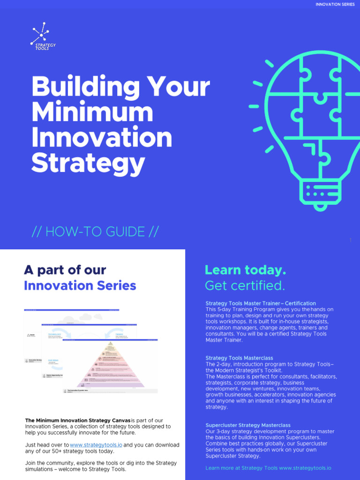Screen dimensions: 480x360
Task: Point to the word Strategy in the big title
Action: [x=88, y=163]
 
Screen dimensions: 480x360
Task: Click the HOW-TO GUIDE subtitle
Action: [x=95, y=232]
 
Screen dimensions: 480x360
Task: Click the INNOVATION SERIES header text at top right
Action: [x=335, y=5]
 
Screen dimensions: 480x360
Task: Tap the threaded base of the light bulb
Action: [x=320, y=192]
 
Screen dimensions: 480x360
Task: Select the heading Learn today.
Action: [x=245, y=270]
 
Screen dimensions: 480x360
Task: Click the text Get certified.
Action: [x=245, y=285]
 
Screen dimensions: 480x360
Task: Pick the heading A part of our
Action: [x=65, y=270]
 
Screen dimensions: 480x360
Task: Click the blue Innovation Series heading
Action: [x=80, y=285]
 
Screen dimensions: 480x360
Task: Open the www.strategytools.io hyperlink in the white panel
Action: [x=96, y=445]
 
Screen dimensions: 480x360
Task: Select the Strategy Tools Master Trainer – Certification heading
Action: [x=261, y=303]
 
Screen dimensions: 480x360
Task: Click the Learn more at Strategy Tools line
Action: [x=268, y=468]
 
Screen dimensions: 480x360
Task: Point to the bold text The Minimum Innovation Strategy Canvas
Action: [x=77, y=420]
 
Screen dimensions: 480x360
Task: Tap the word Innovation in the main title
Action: [x=101, y=138]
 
